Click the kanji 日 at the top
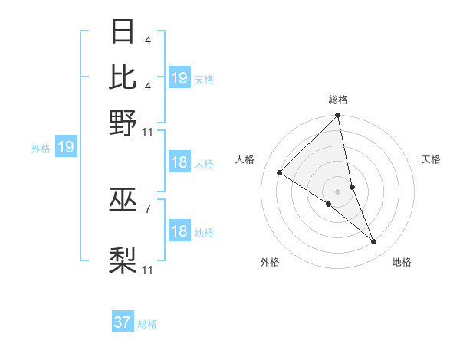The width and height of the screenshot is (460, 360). click(123, 33)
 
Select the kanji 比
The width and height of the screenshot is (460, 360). click(123, 77)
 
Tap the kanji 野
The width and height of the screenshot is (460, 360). click(123, 123)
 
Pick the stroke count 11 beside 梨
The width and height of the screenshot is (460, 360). click(148, 270)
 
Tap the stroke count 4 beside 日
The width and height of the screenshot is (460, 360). click(147, 39)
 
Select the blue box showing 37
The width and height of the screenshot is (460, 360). click(122, 322)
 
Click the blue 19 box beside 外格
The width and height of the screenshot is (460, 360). click(65, 147)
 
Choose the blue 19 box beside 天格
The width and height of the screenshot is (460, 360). click(179, 78)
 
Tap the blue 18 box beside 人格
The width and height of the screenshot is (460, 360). click(179, 162)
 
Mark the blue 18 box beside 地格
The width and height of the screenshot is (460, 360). click(179, 231)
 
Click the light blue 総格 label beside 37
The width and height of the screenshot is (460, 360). click(147, 324)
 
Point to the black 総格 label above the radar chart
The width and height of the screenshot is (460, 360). click(338, 100)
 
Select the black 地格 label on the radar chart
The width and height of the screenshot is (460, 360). click(402, 262)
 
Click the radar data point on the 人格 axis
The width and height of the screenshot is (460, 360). click(280, 172)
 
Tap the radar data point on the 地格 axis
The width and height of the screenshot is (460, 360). click(374, 242)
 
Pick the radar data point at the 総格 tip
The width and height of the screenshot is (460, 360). click(338, 116)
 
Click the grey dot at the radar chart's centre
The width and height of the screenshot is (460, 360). click(338, 191)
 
